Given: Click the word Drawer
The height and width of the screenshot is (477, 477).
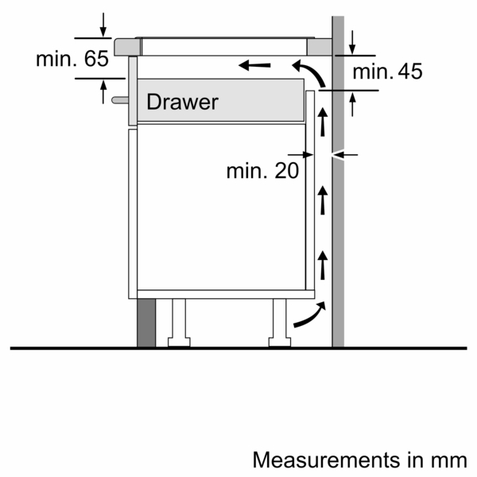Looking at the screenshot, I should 182,103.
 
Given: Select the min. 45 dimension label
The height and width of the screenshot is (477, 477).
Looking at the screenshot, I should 387,72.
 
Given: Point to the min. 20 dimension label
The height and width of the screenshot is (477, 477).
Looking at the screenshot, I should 262,170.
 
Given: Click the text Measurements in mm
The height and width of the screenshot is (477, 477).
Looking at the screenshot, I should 359,460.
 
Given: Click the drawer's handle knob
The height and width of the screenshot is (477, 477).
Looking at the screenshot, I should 119,100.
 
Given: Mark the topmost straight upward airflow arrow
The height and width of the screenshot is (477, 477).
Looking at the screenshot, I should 323,122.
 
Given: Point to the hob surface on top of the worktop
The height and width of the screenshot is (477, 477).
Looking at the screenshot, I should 231,39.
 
